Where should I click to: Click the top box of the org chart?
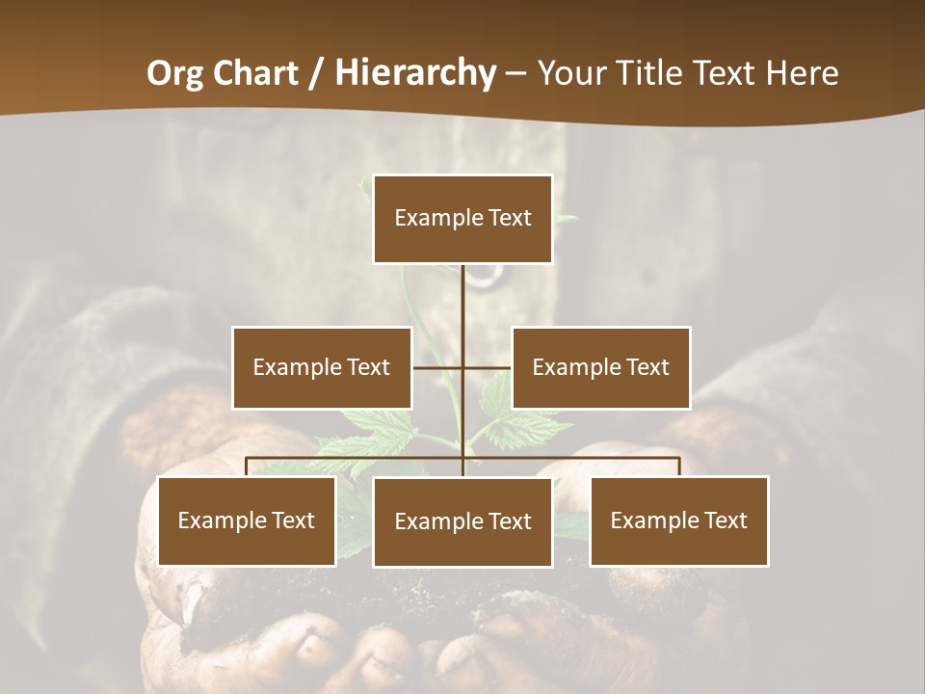point(462,219)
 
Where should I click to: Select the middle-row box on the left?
point(322,367)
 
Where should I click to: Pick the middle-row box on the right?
point(600,367)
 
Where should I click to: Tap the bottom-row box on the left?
point(247,520)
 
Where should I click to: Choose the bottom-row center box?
point(462,521)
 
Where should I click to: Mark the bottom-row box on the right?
point(678,520)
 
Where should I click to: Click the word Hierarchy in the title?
point(415,72)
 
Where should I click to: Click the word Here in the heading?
point(802,72)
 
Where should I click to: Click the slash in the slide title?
point(316,73)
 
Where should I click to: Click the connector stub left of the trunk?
point(437,367)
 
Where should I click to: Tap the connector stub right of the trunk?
point(488,367)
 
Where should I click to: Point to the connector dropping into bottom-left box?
point(247,467)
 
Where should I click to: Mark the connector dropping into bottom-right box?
point(679,467)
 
